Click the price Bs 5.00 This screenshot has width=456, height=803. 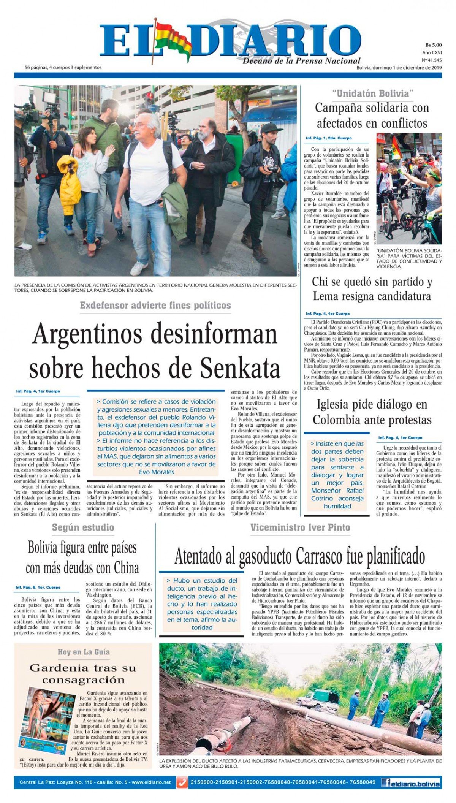tap(433, 45)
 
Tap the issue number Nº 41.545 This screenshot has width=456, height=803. tap(431, 60)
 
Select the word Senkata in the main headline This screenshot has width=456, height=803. tap(240, 367)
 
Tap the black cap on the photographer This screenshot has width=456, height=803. tap(271, 128)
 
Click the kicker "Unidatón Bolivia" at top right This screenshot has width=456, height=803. tap(372, 93)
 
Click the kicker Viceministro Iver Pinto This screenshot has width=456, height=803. tap(300, 527)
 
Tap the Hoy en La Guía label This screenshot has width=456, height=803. tap(83, 652)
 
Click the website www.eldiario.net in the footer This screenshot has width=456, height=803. tap(151, 782)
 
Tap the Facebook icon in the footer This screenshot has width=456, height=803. tap(386, 782)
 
